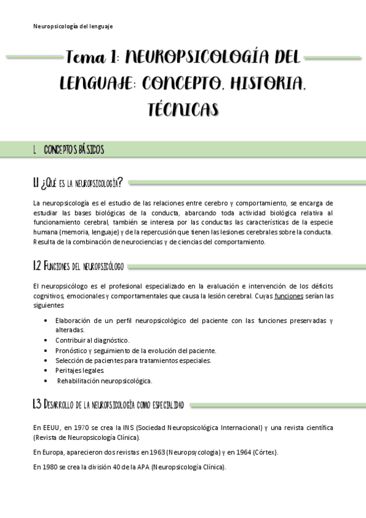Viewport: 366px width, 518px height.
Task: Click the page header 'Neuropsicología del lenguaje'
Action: pyautogui.click(x=73, y=26)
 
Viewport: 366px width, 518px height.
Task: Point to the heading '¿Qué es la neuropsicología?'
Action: pyautogui.click(x=78, y=183)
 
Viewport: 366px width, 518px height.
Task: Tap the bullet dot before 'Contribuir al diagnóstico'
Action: pyautogui.click(x=47, y=340)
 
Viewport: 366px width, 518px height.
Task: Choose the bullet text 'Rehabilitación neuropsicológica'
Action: pyautogui.click(x=104, y=381)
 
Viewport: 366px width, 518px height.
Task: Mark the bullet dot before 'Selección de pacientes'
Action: pyautogui.click(x=47, y=360)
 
